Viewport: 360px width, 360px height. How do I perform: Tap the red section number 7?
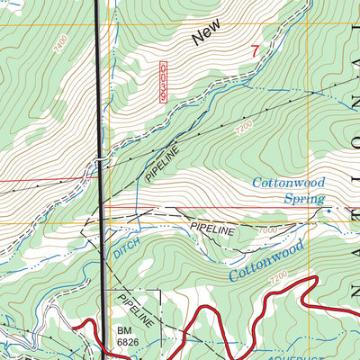tap(255, 52)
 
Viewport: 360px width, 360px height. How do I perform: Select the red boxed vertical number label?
tap(163, 82)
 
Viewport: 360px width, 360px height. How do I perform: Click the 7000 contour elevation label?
tap(266, 231)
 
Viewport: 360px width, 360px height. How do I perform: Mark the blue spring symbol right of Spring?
tap(328, 211)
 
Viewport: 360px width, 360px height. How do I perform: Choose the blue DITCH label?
tap(126, 255)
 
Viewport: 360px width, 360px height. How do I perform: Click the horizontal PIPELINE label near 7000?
tap(212, 230)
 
